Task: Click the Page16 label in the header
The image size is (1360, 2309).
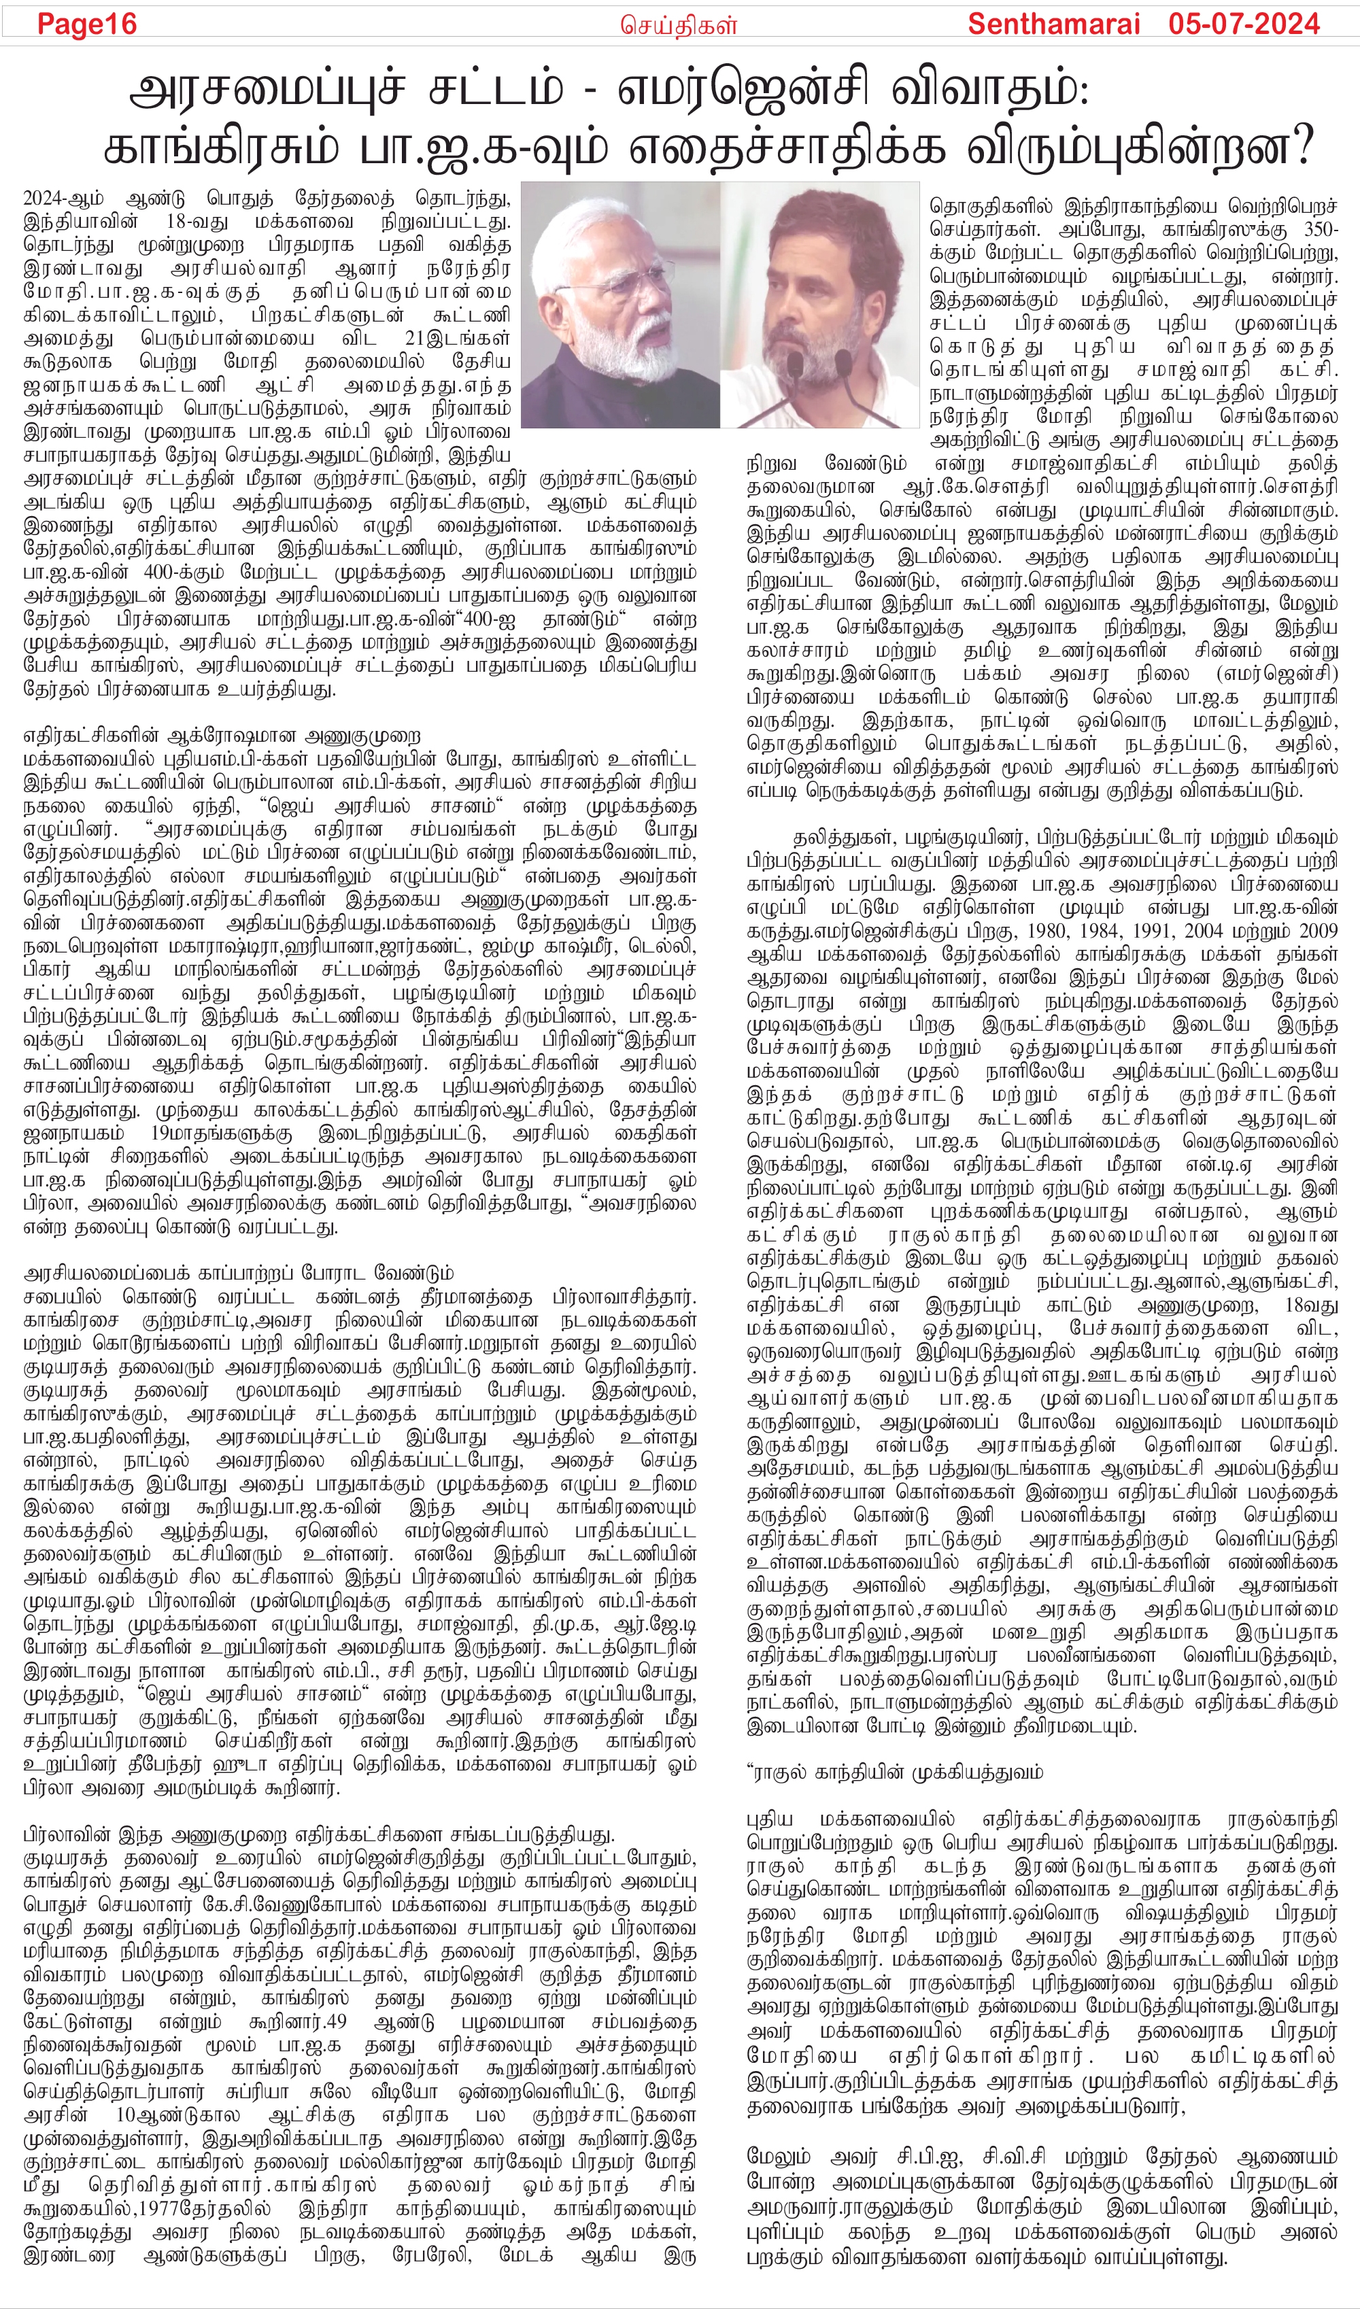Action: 86,24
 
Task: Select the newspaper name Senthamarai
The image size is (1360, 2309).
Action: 1053,24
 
